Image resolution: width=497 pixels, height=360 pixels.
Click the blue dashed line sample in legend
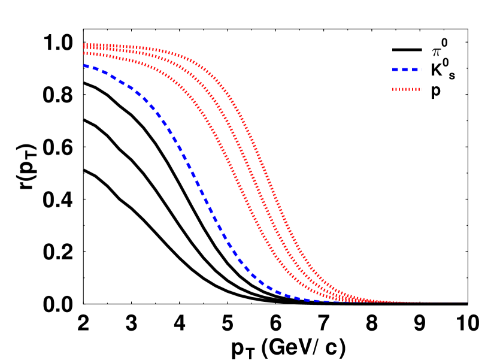point(407,69)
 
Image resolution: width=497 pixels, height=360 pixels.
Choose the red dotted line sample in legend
point(407,89)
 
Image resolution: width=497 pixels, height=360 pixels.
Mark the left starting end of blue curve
point(85,65)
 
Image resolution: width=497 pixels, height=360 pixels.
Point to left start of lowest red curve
point(85,53)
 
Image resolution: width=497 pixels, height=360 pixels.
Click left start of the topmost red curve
point(85,44)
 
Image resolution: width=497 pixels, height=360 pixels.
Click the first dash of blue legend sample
point(396,69)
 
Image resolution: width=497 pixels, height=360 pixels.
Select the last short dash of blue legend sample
point(421,69)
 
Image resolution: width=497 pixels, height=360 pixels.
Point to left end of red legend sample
point(393,89)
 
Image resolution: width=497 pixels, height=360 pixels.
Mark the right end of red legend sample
point(422,89)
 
